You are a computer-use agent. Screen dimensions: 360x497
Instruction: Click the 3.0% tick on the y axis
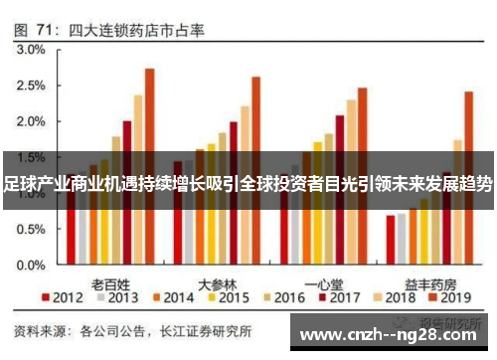31,49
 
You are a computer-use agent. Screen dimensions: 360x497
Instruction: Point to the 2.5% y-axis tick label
31,86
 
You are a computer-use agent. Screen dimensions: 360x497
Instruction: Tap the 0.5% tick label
31,229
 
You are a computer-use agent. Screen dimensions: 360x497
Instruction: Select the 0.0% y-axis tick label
31,266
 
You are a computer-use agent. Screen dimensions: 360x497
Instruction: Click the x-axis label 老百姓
110,281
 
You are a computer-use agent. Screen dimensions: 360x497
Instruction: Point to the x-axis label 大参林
217,281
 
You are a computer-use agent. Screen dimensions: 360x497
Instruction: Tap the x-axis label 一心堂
323,281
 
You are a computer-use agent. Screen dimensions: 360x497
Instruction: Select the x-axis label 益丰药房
429,281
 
